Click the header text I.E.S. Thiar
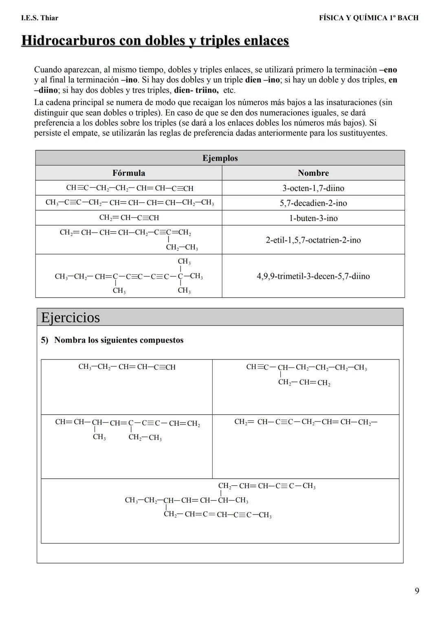pos(40,18)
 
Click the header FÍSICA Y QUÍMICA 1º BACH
pos(369,18)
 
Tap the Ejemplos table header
pos(220,158)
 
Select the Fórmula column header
pos(129,173)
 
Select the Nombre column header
pos(313,173)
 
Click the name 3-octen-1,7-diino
pos(313,188)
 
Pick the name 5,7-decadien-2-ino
pos(313,203)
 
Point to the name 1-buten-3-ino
pos(313,218)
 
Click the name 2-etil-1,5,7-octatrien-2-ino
pos(313,240)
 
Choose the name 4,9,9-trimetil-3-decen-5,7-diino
pos(313,276)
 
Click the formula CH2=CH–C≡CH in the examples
pos(129,218)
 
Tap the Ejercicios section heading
pos(70,318)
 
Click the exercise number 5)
pos(44,340)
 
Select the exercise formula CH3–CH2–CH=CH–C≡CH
pos(127,367)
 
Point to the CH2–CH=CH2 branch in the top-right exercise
pos(304,383)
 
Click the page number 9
pos(417,591)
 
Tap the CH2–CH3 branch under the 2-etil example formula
pos(182,247)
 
